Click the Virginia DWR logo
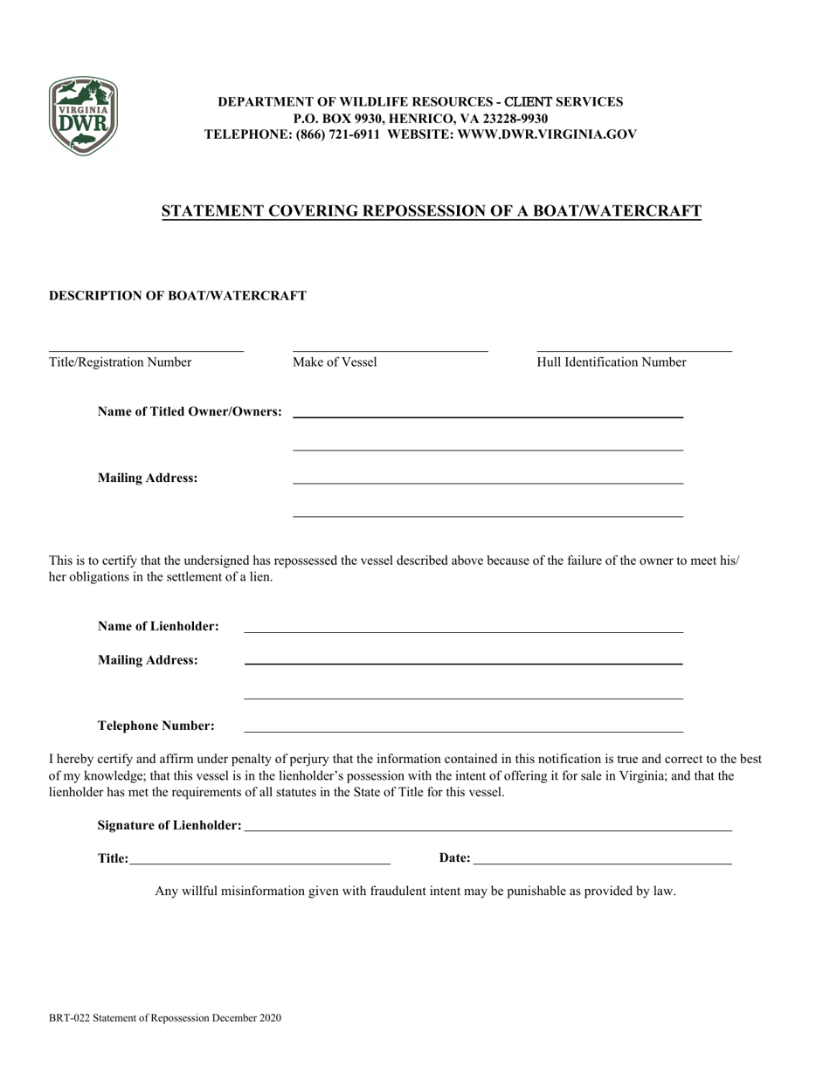click(x=83, y=116)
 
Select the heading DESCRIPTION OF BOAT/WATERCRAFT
click(x=177, y=296)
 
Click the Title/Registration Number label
click(x=121, y=362)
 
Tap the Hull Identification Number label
click(x=612, y=362)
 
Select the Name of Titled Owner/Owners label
click(x=190, y=411)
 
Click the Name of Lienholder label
click(x=158, y=627)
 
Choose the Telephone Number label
click(x=156, y=726)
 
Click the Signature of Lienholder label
click(x=169, y=825)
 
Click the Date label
click(x=454, y=858)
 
